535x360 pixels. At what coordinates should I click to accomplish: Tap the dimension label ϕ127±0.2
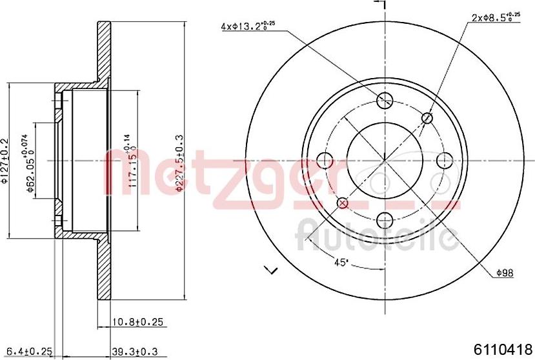[5, 161]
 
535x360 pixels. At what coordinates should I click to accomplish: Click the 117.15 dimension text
[131, 161]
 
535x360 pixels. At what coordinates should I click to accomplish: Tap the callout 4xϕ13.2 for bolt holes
[248, 26]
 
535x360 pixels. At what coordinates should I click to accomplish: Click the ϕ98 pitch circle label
[505, 274]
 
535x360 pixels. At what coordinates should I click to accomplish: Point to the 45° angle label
[341, 262]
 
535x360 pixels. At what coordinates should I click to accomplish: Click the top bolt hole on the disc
[385, 100]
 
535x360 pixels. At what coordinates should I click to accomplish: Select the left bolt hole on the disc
[325, 160]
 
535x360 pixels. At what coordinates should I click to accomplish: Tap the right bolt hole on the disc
[444, 160]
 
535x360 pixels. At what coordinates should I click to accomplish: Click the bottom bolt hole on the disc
[385, 219]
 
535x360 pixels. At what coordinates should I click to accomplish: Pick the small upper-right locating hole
[427, 117]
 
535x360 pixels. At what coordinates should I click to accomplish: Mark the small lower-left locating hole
[343, 203]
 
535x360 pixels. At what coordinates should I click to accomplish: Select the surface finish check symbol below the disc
[271, 269]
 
